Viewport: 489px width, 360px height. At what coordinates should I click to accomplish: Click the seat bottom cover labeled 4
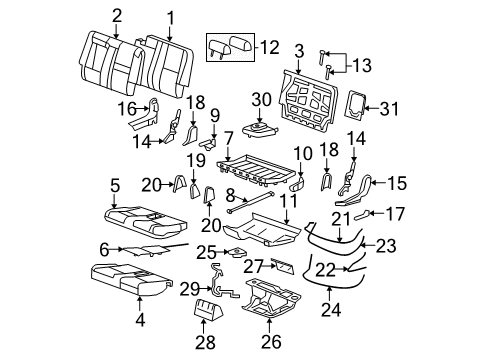130,277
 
